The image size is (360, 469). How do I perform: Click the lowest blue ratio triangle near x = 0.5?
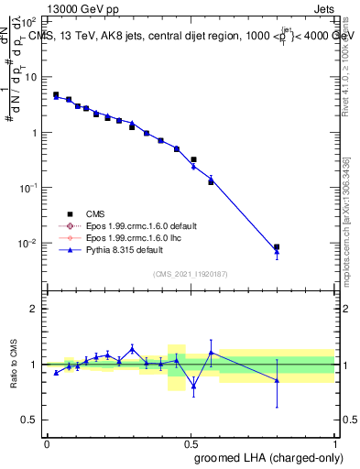pyautogui.click(x=193, y=387)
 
